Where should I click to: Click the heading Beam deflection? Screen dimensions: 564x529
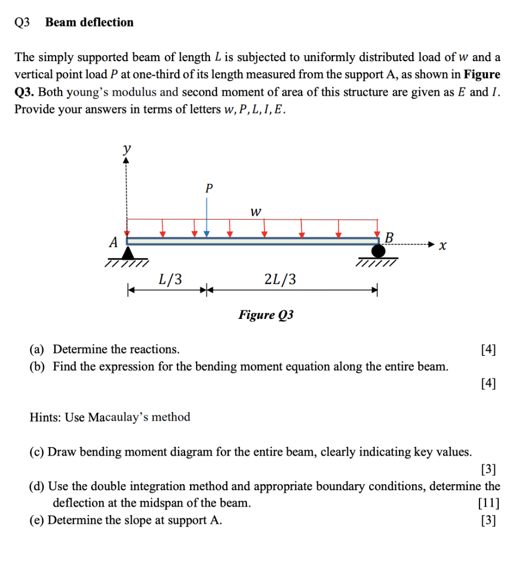click(x=89, y=23)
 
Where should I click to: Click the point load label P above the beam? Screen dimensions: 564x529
click(x=208, y=188)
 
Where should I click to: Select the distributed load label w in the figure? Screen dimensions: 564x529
click(x=255, y=211)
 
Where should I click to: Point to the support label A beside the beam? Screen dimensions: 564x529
click(x=114, y=242)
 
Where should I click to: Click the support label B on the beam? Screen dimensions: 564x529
click(x=389, y=238)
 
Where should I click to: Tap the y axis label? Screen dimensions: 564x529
click(x=127, y=149)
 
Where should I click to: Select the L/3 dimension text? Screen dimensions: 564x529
click(x=170, y=279)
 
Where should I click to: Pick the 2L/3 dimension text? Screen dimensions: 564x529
click(x=280, y=279)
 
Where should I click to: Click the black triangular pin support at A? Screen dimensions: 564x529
click(x=128, y=253)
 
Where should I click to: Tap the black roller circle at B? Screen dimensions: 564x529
click(x=378, y=252)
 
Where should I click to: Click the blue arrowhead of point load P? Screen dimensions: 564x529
click(x=207, y=234)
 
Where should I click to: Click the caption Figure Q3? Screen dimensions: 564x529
click(x=266, y=315)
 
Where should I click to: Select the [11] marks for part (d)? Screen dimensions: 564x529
click(x=489, y=503)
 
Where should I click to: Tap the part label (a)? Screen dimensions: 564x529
click(x=38, y=349)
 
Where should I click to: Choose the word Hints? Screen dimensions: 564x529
click(x=45, y=417)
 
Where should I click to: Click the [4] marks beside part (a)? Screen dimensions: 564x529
click(x=488, y=349)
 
